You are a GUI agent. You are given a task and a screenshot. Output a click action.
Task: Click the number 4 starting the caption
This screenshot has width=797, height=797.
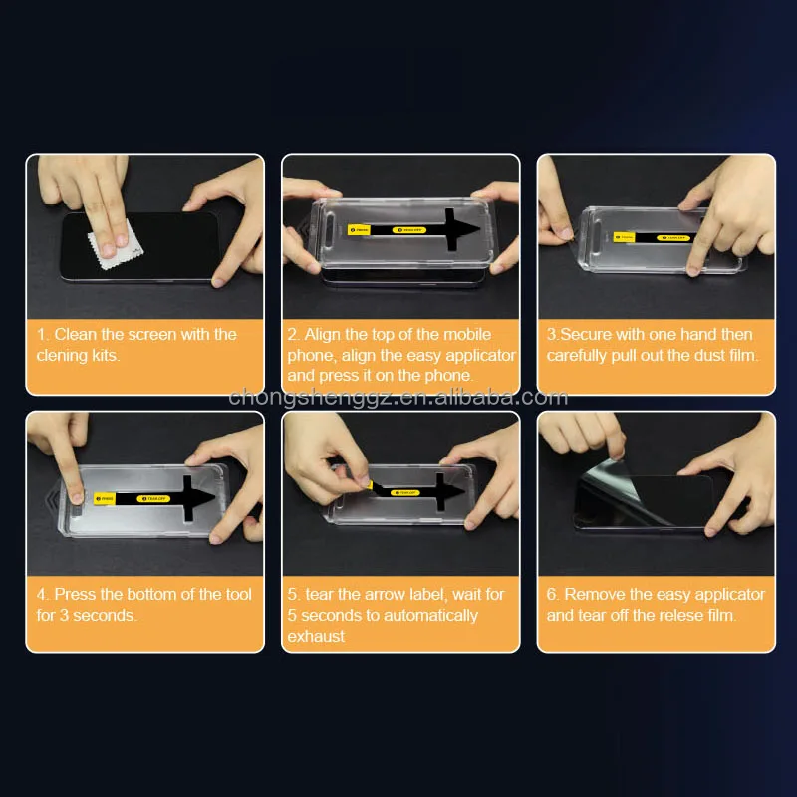click(42, 595)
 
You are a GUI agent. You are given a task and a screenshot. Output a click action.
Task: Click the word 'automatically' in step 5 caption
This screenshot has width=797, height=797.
click(430, 615)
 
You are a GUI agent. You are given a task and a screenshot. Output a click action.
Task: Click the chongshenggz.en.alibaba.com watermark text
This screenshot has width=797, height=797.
click(398, 398)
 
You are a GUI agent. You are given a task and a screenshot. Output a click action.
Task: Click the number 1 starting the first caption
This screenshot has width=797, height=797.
click(42, 335)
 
